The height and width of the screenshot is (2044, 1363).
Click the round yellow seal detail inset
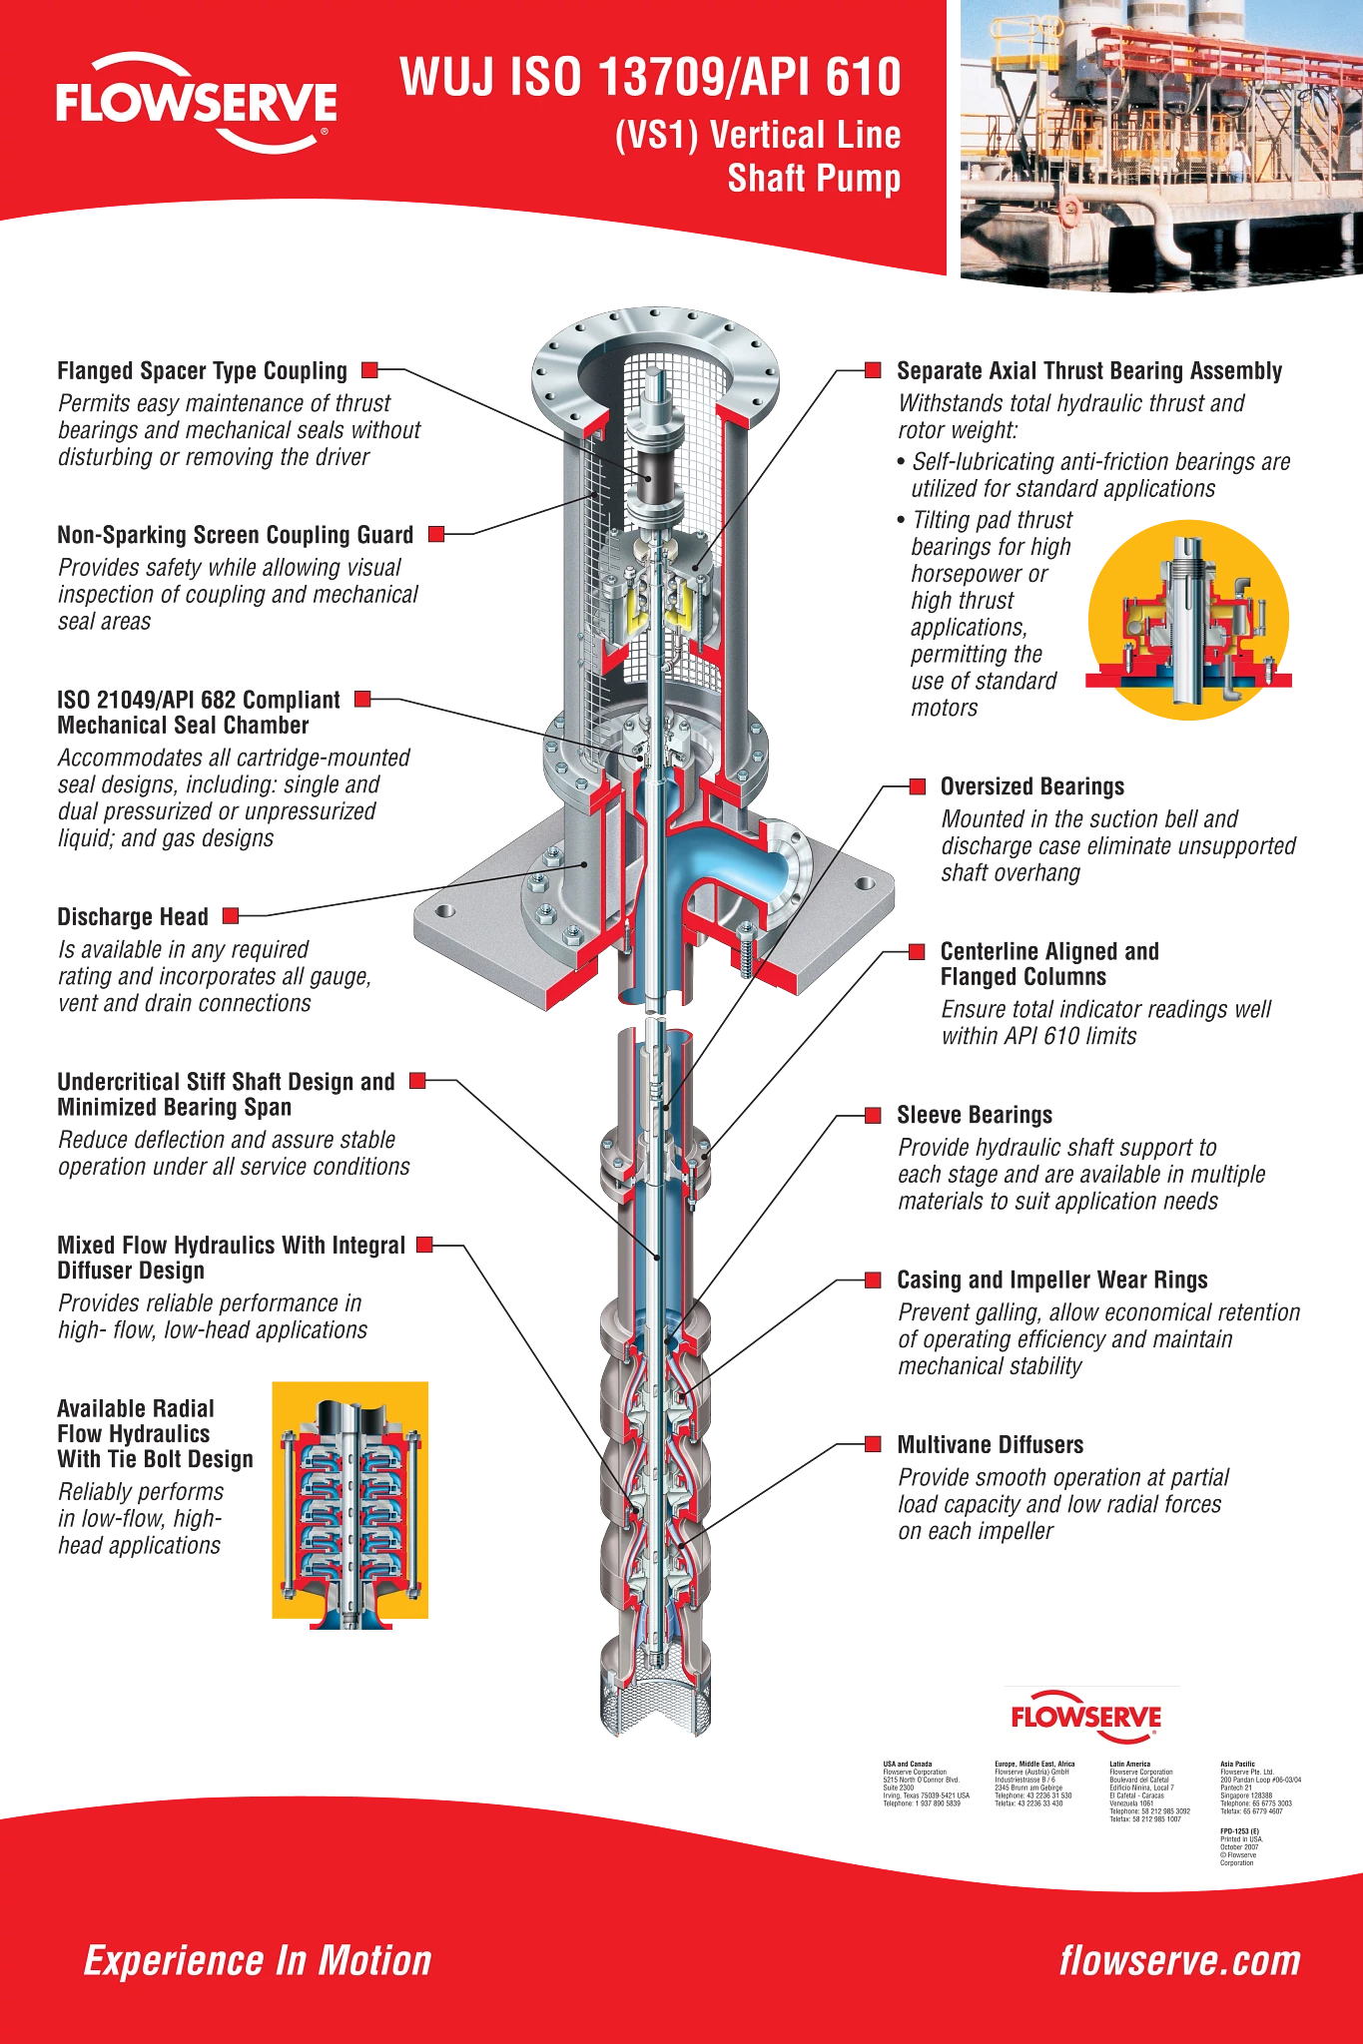click(x=1188, y=619)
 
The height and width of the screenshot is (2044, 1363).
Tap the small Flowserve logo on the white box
click(x=1088, y=1719)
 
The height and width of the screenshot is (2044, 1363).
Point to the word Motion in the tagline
click(x=374, y=1961)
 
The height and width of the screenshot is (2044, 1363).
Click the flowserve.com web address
click(x=1180, y=1961)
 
